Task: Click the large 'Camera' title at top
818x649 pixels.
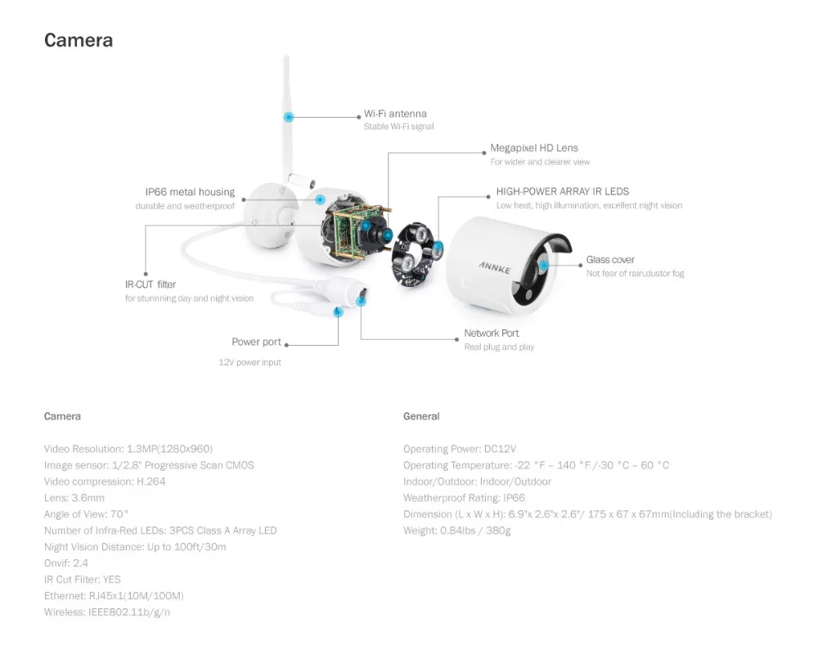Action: (79, 40)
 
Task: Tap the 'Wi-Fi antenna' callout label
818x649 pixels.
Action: (395, 114)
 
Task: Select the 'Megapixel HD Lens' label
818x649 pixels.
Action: (533, 148)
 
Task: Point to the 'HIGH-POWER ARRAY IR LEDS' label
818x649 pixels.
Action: (563, 191)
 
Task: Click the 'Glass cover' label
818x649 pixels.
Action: (610, 260)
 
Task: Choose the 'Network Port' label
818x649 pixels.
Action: (492, 333)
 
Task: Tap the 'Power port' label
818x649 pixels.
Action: (256, 342)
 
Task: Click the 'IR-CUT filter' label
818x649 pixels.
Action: (151, 284)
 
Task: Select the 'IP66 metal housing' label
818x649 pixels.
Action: (190, 192)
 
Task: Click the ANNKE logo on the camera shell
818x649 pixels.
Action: (495, 267)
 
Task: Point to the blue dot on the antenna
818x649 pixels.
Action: (289, 117)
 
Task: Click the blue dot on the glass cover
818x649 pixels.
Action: (544, 266)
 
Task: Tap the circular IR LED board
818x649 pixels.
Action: (412, 254)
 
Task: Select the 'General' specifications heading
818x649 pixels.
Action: (421, 417)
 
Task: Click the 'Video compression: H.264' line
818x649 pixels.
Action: (105, 481)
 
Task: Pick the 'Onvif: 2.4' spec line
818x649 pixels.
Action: (66, 563)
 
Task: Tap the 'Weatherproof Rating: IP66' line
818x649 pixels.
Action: (464, 498)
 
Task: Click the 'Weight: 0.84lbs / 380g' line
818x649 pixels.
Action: (456, 530)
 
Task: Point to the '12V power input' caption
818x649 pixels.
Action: (249, 362)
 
